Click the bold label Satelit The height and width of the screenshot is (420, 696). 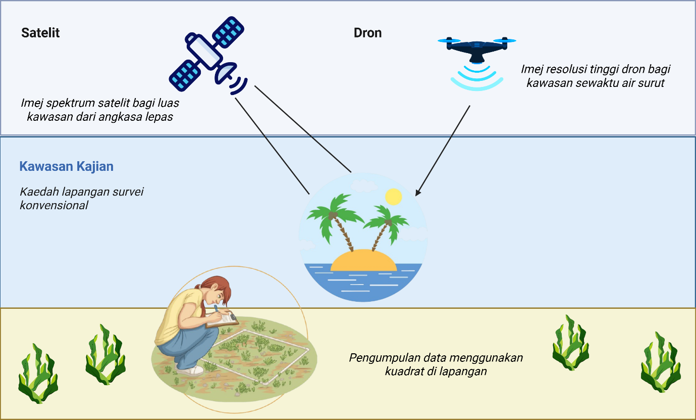click(x=40, y=33)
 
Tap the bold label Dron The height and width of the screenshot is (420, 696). click(x=367, y=33)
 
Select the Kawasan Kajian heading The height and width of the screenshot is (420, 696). click(x=66, y=166)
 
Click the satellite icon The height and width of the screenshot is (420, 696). click(x=208, y=57)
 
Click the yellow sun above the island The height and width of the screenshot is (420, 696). click(x=393, y=197)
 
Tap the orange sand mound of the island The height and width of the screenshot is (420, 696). click(x=363, y=260)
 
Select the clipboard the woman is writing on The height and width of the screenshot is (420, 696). click(x=222, y=319)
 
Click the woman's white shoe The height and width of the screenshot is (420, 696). click(x=190, y=370)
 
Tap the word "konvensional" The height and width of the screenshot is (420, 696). click(x=54, y=205)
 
